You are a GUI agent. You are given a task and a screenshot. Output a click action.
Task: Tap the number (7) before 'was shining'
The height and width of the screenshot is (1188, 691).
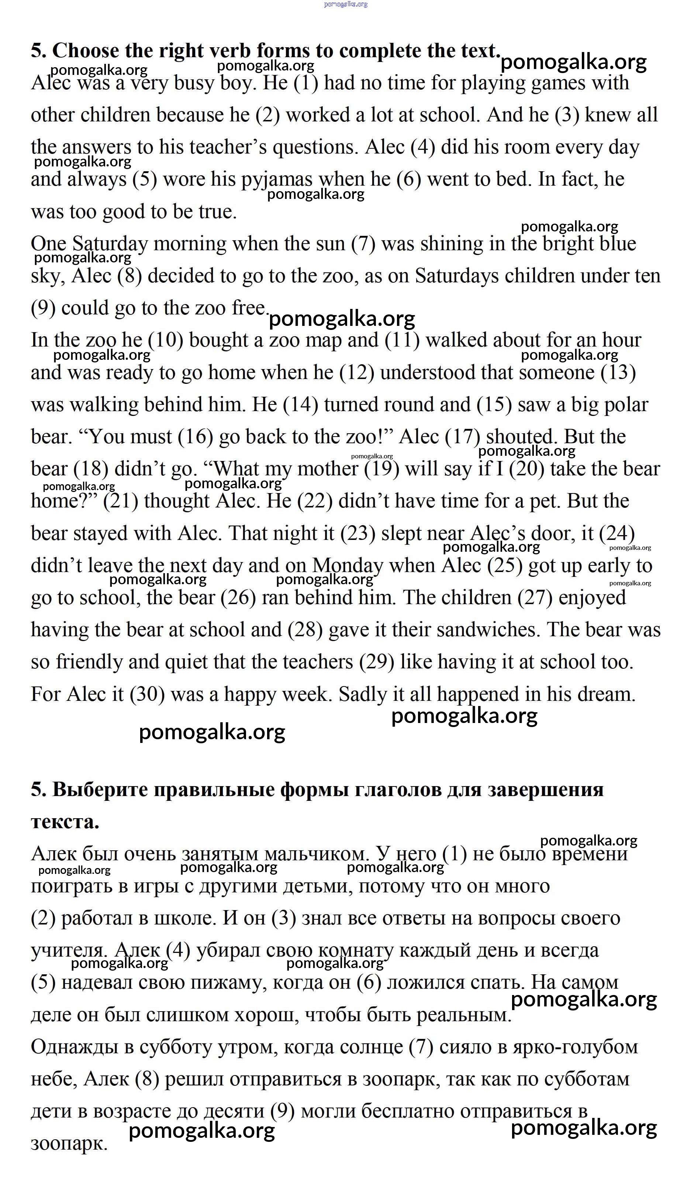[363, 244]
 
